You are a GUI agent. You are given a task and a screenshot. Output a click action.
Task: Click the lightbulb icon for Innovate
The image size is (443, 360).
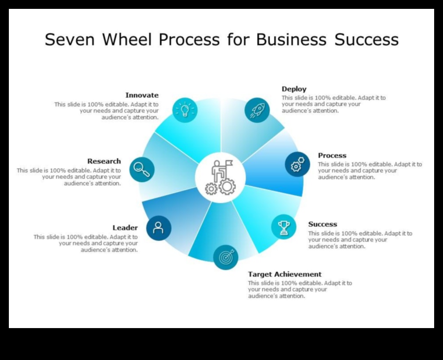(185, 110)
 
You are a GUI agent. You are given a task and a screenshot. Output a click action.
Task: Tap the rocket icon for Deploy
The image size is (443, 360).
(257, 110)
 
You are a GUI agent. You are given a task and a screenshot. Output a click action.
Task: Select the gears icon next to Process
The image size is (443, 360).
(297, 164)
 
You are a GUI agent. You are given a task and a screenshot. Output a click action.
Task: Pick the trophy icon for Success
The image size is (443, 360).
(284, 227)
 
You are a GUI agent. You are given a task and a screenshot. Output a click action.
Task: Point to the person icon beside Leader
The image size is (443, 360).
(158, 228)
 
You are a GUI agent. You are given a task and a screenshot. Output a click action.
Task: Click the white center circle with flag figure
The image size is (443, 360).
(220, 177)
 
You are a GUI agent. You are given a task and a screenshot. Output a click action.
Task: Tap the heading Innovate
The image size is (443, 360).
(142, 95)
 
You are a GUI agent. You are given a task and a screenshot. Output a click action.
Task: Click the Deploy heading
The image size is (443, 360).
(294, 89)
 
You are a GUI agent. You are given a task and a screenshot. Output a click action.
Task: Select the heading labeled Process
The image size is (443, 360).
(332, 156)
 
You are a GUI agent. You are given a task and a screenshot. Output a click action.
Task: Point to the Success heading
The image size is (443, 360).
(323, 224)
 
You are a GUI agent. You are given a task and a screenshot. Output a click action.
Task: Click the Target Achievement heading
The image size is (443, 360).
(285, 274)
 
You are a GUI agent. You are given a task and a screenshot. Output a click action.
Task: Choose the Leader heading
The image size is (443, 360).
(125, 228)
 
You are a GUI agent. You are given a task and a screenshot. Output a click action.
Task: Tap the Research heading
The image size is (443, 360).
(104, 161)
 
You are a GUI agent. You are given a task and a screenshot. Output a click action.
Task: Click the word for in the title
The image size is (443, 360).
(239, 40)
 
